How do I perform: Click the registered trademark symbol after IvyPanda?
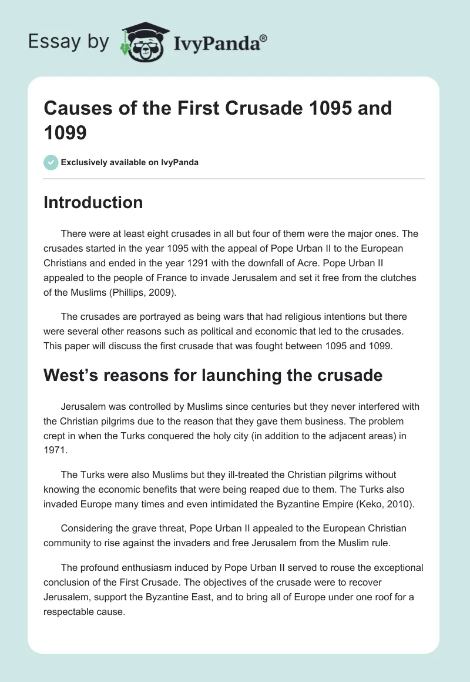[264, 38]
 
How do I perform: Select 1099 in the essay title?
[65, 132]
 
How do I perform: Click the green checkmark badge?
[51, 162]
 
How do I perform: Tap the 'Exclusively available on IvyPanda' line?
[129, 162]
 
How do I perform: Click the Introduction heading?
[93, 202]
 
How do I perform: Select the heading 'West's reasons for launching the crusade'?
[213, 375]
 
